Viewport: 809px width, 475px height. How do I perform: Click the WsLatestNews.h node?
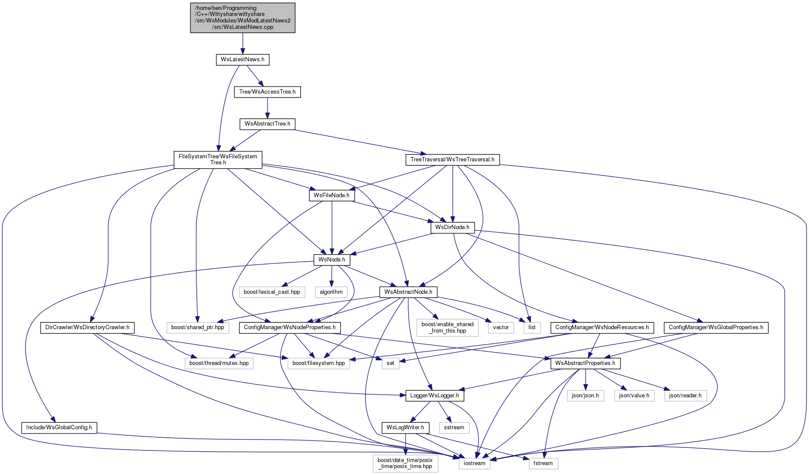[x=242, y=60]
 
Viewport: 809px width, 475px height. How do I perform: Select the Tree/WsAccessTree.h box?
[x=268, y=92]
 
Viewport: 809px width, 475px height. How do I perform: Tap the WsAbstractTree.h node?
[x=268, y=124]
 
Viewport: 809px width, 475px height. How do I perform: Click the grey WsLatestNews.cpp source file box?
[x=243, y=18]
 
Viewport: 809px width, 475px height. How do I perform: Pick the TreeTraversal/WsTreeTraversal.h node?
[x=453, y=160]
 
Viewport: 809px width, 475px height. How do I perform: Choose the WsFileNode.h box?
[x=332, y=195]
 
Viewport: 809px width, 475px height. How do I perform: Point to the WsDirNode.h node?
[x=453, y=227]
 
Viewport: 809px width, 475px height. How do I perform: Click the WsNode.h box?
[x=332, y=260]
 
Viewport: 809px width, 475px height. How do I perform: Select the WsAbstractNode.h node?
[x=408, y=292]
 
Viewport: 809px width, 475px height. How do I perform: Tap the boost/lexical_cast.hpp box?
[x=272, y=292]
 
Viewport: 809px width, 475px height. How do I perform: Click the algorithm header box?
[x=331, y=292]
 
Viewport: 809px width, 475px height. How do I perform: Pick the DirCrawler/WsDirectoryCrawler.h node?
[x=87, y=327]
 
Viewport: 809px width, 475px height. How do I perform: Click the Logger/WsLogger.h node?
[x=435, y=396]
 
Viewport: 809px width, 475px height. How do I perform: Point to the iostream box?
[x=475, y=463]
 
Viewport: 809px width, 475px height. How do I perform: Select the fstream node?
[x=543, y=463]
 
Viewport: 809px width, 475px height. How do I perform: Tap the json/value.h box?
[x=634, y=396]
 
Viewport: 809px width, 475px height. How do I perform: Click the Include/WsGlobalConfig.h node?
[x=59, y=428]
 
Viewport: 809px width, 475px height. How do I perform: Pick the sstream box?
[x=454, y=428]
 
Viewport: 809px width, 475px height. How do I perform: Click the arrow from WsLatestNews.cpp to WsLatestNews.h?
[x=243, y=44]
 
